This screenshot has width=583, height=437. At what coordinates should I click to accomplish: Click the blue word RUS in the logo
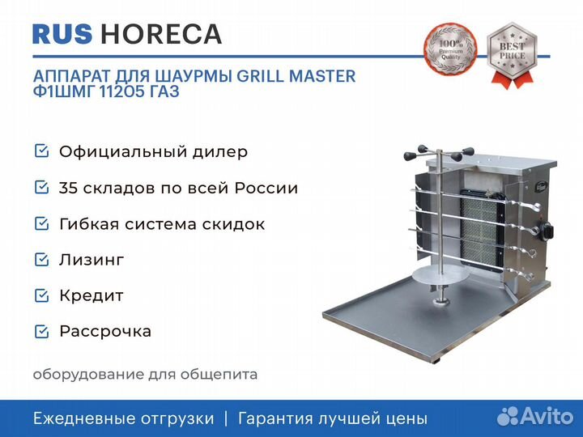point(62,34)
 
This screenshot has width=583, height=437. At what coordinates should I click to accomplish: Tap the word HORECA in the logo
point(161,34)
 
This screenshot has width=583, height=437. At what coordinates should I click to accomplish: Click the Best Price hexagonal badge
point(512,55)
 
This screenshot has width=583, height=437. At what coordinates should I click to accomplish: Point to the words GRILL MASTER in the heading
point(296,76)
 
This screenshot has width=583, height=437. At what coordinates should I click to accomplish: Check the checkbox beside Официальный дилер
point(41,151)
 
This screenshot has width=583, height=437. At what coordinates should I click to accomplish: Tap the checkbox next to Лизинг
point(41,260)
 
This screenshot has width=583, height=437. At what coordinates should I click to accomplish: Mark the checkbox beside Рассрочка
point(41,331)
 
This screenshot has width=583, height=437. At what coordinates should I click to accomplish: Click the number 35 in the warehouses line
point(67,188)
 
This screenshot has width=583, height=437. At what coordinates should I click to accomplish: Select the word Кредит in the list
point(91,296)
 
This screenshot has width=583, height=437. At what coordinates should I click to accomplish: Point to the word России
point(266,188)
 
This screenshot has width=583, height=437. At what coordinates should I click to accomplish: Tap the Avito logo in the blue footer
point(535,416)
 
